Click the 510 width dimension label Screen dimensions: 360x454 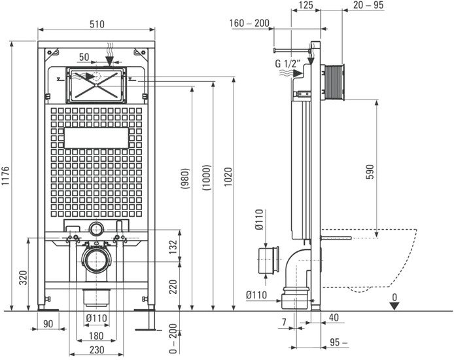(97, 24)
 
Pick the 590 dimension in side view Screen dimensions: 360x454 (371, 171)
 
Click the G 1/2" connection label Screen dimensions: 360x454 (288, 63)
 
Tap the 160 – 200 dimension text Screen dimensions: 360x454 (250, 24)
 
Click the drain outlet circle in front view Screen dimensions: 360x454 (97, 260)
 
